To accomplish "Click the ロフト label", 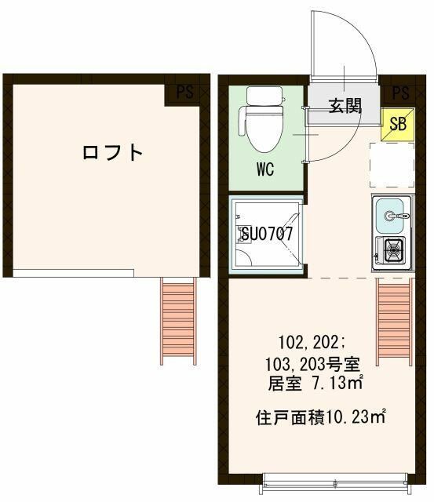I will click(x=113, y=152).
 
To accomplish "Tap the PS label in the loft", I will click(x=184, y=93).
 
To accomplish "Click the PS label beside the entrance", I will click(x=399, y=93).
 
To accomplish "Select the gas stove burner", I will click(x=392, y=251).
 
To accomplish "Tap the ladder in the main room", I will click(x=394, y=322).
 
